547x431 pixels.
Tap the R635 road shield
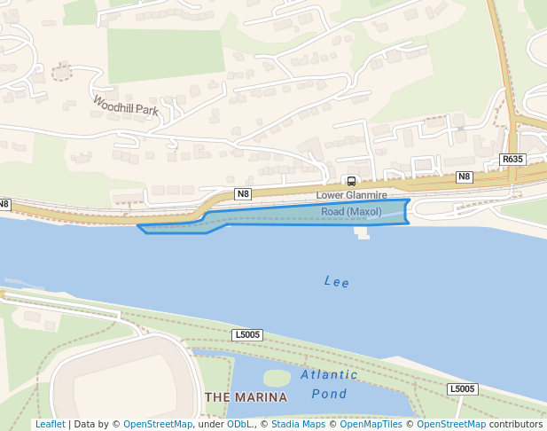coord(512,160)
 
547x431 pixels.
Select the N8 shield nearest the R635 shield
coord(464,176)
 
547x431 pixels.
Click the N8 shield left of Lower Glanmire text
coord(243,193)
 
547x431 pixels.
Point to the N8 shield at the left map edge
coord(4,204)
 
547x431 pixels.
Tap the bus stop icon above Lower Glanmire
coord(351,181)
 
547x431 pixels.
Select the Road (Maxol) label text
coord(351,212)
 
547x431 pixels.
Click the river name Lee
coord(337,282)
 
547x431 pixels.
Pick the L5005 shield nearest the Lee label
coord(247,334)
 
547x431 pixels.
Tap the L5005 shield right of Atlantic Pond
coord(462,388)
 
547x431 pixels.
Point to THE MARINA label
coord(246,396)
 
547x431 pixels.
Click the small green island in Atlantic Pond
coord(277,378)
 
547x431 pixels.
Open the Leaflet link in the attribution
coord(50,424)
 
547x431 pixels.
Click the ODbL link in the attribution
coord(239,424)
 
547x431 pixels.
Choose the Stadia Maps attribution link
coord(297,424)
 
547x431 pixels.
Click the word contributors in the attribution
coord(515,424)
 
